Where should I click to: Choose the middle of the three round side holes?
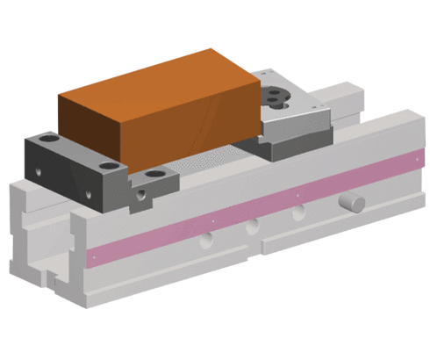click(252, 227)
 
